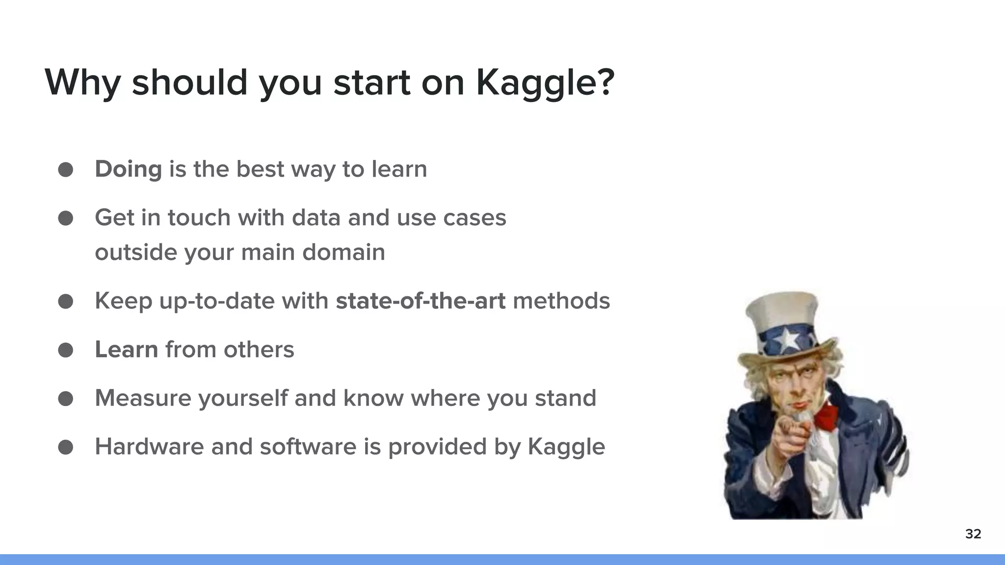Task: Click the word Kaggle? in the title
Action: pos(545,82)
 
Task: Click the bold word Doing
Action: pos(128,169)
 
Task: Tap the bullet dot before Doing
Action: pos(66,170)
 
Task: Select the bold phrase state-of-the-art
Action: pos(420,301)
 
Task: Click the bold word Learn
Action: pos(126,350)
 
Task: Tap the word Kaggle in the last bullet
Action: pos(566,447)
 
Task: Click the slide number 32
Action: pos(973,534)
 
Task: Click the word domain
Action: pos(343,253)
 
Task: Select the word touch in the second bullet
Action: pos(199,218)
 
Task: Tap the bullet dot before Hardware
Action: pos(66,447)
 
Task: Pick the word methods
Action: pos(561,301)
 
